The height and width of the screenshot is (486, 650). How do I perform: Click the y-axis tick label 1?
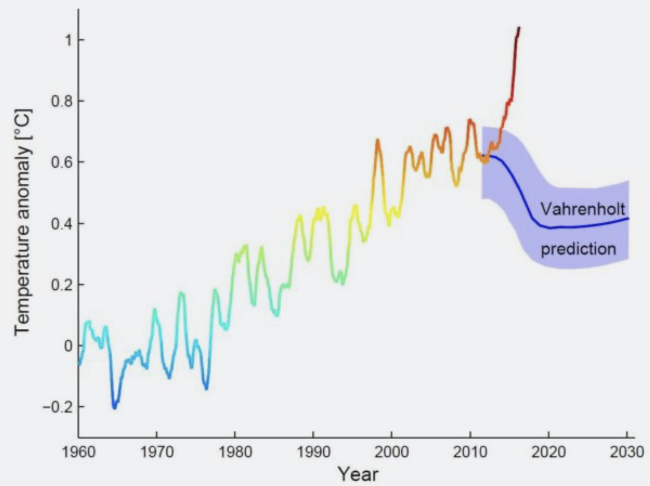[x=68, y=40]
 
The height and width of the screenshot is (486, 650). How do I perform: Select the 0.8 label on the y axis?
[x=62, y=101]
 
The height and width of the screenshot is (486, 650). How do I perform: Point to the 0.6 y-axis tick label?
[x=62, y=162]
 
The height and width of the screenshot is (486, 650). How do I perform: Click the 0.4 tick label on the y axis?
[x=62, y=224]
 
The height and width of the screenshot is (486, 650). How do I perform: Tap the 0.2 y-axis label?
[x=62, y=285]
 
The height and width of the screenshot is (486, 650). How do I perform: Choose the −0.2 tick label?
[x=57, y=407]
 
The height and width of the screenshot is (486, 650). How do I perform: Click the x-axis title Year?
[x=358, y=474]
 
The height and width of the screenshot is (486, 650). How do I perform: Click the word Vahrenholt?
[x=582, y=209]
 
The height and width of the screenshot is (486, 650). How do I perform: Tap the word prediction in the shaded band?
[x=578, y=249]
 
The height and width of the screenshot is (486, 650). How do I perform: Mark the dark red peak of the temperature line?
[x=519, y=28]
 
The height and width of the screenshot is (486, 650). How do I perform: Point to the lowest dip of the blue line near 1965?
[x=114, y=407]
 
